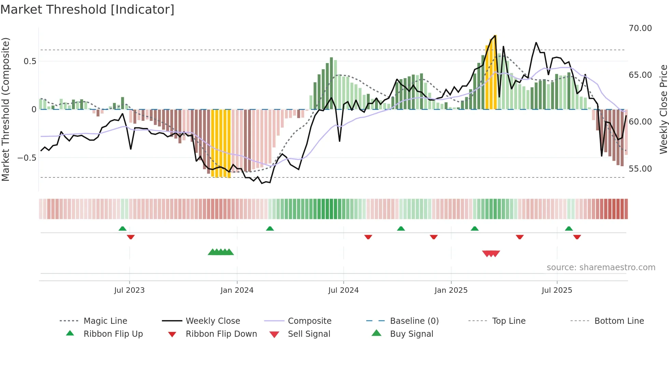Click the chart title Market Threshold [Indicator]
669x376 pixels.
[x=87, y=10]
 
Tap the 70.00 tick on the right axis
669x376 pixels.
[x=640, y=28]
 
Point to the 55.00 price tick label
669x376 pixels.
[x=640, y=169]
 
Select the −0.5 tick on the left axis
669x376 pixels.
[x=27, y=158]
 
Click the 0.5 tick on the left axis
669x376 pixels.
[x=30, y=61]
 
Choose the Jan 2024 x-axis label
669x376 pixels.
[x=237, y=290]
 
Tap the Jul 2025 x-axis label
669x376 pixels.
[x=557, y=290]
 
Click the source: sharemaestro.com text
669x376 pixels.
[x=601, y=267]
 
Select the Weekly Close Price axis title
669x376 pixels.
[x=663, y=109]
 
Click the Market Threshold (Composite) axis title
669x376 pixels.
[x=5, y=109]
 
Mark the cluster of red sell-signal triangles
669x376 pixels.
[x=491, y=254]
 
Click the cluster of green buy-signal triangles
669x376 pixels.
[x=221, y=252]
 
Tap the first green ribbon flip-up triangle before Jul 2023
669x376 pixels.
[x=123, y=229]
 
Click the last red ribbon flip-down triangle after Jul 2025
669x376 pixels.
[x=577, y=237]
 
